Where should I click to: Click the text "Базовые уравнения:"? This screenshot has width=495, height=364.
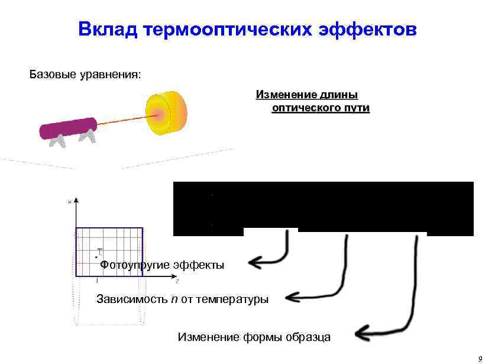tap(86, 75)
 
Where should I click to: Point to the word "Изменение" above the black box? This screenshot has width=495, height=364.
tap(284, 95)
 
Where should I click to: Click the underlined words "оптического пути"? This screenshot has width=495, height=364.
tap(320, 108)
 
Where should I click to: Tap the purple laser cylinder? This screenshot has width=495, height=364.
tap(67, 128)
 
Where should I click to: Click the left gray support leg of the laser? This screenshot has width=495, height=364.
tap(57, 141)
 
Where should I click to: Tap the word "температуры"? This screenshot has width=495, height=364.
tap(236, 299)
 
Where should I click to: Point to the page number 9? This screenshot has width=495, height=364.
tap(481, 357)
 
